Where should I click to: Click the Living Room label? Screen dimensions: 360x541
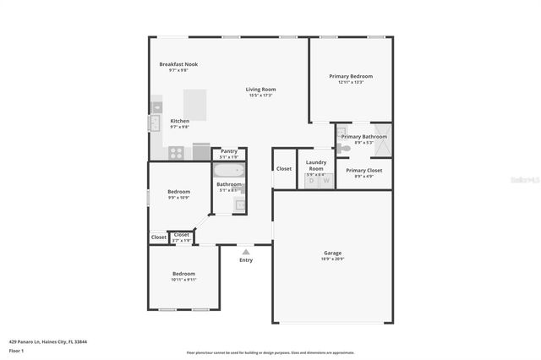tap(261, 90)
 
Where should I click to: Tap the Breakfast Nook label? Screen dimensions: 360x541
tap(178, 64)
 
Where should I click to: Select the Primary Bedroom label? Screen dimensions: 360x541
tap(351, 77)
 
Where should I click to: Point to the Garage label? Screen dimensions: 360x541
tap(333, 253)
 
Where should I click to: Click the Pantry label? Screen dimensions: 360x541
tap(229, 151)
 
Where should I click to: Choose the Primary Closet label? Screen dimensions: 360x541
tap(364, 171)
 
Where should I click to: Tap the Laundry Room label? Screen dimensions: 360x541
tap(316, 164)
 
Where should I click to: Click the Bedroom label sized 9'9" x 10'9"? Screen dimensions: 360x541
tap(178, 192)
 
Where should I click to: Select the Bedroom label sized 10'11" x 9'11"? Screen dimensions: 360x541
tap(184, 274)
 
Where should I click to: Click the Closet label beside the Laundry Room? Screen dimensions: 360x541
tap(284, 168)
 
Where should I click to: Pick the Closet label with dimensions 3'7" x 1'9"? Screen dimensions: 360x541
tap(182, 235)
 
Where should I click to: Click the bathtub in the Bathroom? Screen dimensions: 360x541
tap(227, 170)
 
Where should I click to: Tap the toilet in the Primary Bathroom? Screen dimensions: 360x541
tap(342, 148)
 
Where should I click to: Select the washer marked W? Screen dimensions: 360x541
tap(325, 180)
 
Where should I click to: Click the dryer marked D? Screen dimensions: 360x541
tap(311, 180)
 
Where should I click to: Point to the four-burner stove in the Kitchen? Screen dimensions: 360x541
tap(177, 153)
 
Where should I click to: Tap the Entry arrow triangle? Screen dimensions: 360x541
tap(246, 251)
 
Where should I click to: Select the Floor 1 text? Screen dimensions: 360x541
tap(15, 350)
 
